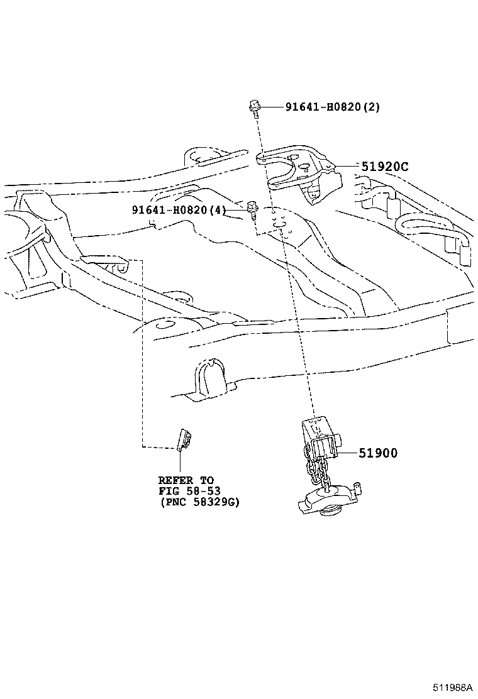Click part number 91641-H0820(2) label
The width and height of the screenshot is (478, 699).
324,107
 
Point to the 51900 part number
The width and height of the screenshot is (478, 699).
378,453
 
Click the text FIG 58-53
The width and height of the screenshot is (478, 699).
189,490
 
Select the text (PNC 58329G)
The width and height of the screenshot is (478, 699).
199,502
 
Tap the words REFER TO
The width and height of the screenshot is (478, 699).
186,480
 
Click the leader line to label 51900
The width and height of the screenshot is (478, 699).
347,453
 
